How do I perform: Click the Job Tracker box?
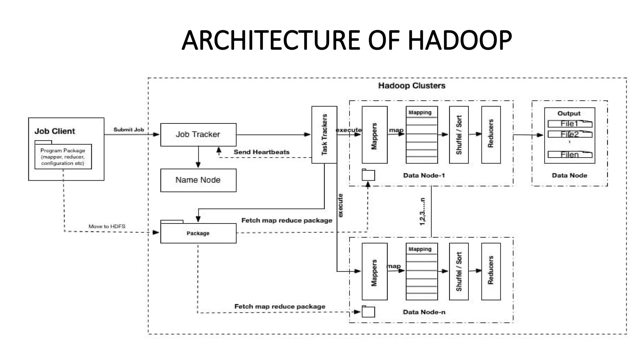tap(198, 135)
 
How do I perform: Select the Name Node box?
tap(198, 180)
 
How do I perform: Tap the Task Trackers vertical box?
tap(324, 135)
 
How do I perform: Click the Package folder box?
tap(198, 233)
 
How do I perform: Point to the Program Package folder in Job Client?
tap(63, 157)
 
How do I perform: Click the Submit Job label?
tap(128, 130)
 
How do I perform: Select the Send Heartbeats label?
tap(261, 152)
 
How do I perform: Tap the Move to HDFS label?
tap(107, 226)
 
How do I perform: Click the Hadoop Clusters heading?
tap(412, 86)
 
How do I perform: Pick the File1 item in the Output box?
tap(570, 124)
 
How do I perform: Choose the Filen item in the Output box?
tap(570, 154)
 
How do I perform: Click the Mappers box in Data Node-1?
tap(374, 135)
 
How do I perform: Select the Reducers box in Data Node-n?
tap(491, 271)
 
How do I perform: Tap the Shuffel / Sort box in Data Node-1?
tap(458, 135)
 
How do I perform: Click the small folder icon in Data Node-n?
tap(368, 312)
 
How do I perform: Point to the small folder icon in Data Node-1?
tap(368, 175)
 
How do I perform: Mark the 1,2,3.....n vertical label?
tap(422, 212)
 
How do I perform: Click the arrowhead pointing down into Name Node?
tap(198, 165)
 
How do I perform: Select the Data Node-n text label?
tap(424, 312)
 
